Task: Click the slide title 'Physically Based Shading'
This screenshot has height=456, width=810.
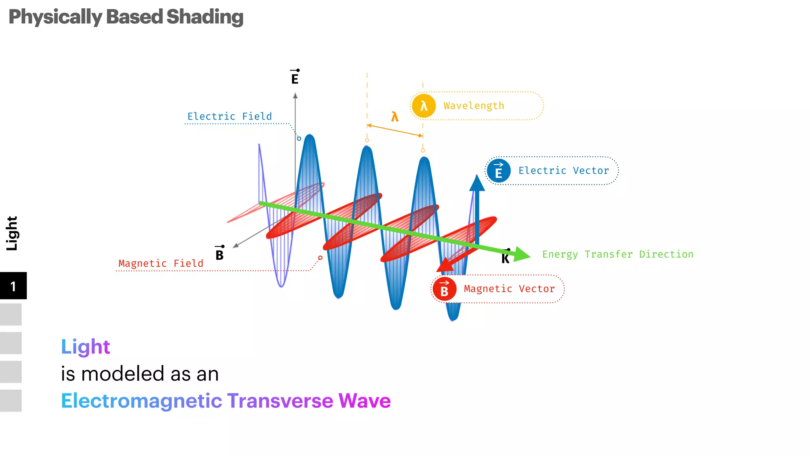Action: [x=126, y=17]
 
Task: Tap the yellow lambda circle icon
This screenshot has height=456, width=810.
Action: [x=424, y=106]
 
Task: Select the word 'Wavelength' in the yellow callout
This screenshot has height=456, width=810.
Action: [x=474, y=106]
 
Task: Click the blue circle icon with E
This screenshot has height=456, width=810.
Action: [x=498, y=171]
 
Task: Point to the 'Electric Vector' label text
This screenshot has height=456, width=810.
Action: [x=564, y=171]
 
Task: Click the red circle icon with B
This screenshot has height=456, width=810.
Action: [x=444, y=289]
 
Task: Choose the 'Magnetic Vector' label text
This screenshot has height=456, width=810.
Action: [x=509, y=289]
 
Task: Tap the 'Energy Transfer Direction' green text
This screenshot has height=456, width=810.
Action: [x=618, y=254]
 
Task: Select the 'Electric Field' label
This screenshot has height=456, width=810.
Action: [x=229, y=116]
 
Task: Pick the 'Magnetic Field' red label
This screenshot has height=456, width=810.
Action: [x=161, y=264]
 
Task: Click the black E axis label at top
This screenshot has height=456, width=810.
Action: [x=295, y=78]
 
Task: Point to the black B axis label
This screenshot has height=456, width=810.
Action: [x=220, y=254]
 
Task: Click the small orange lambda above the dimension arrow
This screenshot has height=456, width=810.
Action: [x=395, y=117]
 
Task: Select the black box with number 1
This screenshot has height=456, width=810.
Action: [x=13, y=286]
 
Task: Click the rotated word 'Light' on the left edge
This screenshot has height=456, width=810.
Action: [x=12, y=233]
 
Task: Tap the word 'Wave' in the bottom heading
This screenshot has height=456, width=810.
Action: [x=364, y=401]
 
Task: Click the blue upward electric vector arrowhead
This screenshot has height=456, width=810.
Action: [x=477, y=184]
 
